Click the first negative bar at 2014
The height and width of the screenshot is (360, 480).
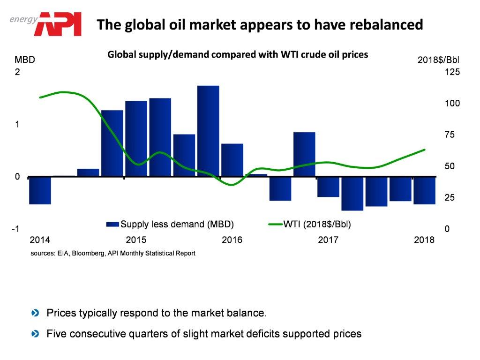click(x=40, y=190)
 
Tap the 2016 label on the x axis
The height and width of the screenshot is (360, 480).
click(x=232, y=240)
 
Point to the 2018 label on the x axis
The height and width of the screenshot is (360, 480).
click(x=425, y=240)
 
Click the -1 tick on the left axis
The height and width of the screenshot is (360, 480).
click(x=15, y=229)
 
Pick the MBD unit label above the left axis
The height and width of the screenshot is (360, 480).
click(x=24, y=60)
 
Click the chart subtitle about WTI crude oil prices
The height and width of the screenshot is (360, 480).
click(x=238, y=54)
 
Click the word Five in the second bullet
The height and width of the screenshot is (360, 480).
click(x=56, y=334)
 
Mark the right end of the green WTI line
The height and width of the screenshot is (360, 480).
click(x=424, y=150)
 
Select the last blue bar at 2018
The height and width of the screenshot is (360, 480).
click(x=424, y=190)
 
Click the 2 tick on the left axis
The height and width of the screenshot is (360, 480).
click(x=17, y=72)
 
